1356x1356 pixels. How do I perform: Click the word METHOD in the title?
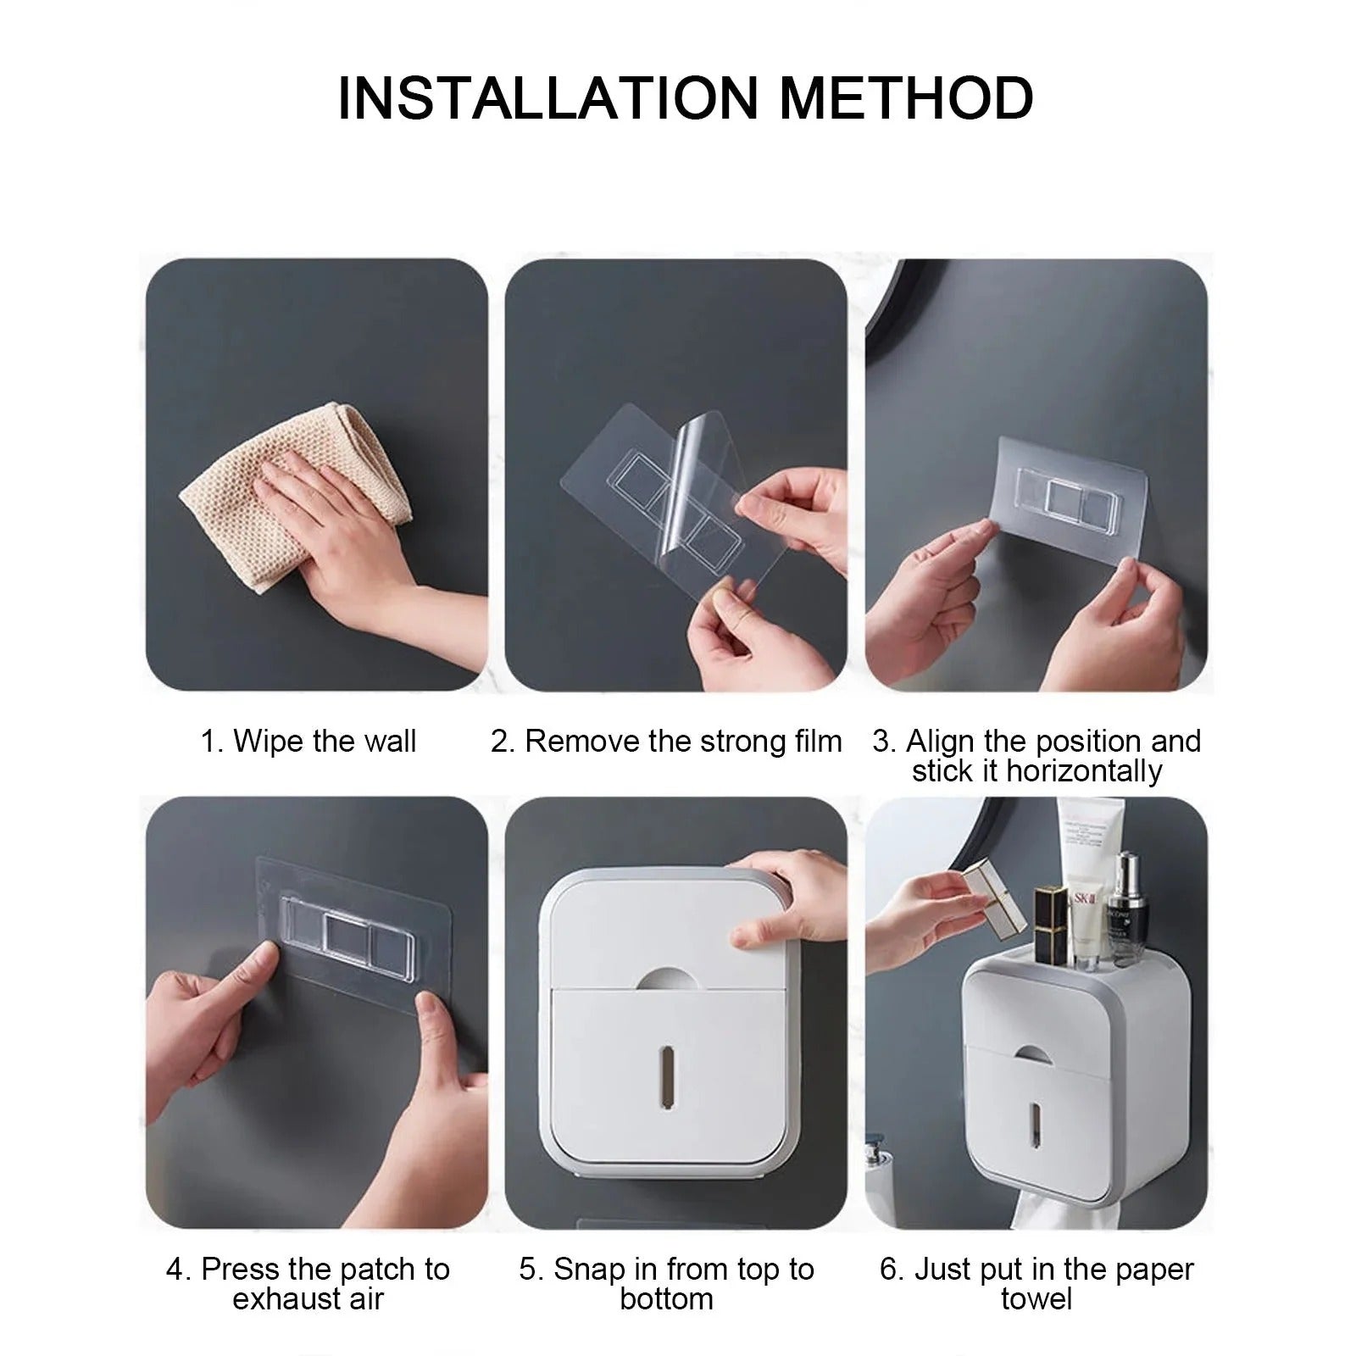[x=906, y=98]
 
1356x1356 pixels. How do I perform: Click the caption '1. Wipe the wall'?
[x=308, y=741]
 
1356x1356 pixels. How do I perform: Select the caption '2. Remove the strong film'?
[x=666, y=741]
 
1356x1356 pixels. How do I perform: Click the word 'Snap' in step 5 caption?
[x=586, y=1269]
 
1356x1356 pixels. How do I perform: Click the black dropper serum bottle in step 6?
[x=1125, y=915]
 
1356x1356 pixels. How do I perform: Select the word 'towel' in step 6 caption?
[x=1036, y=1299]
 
